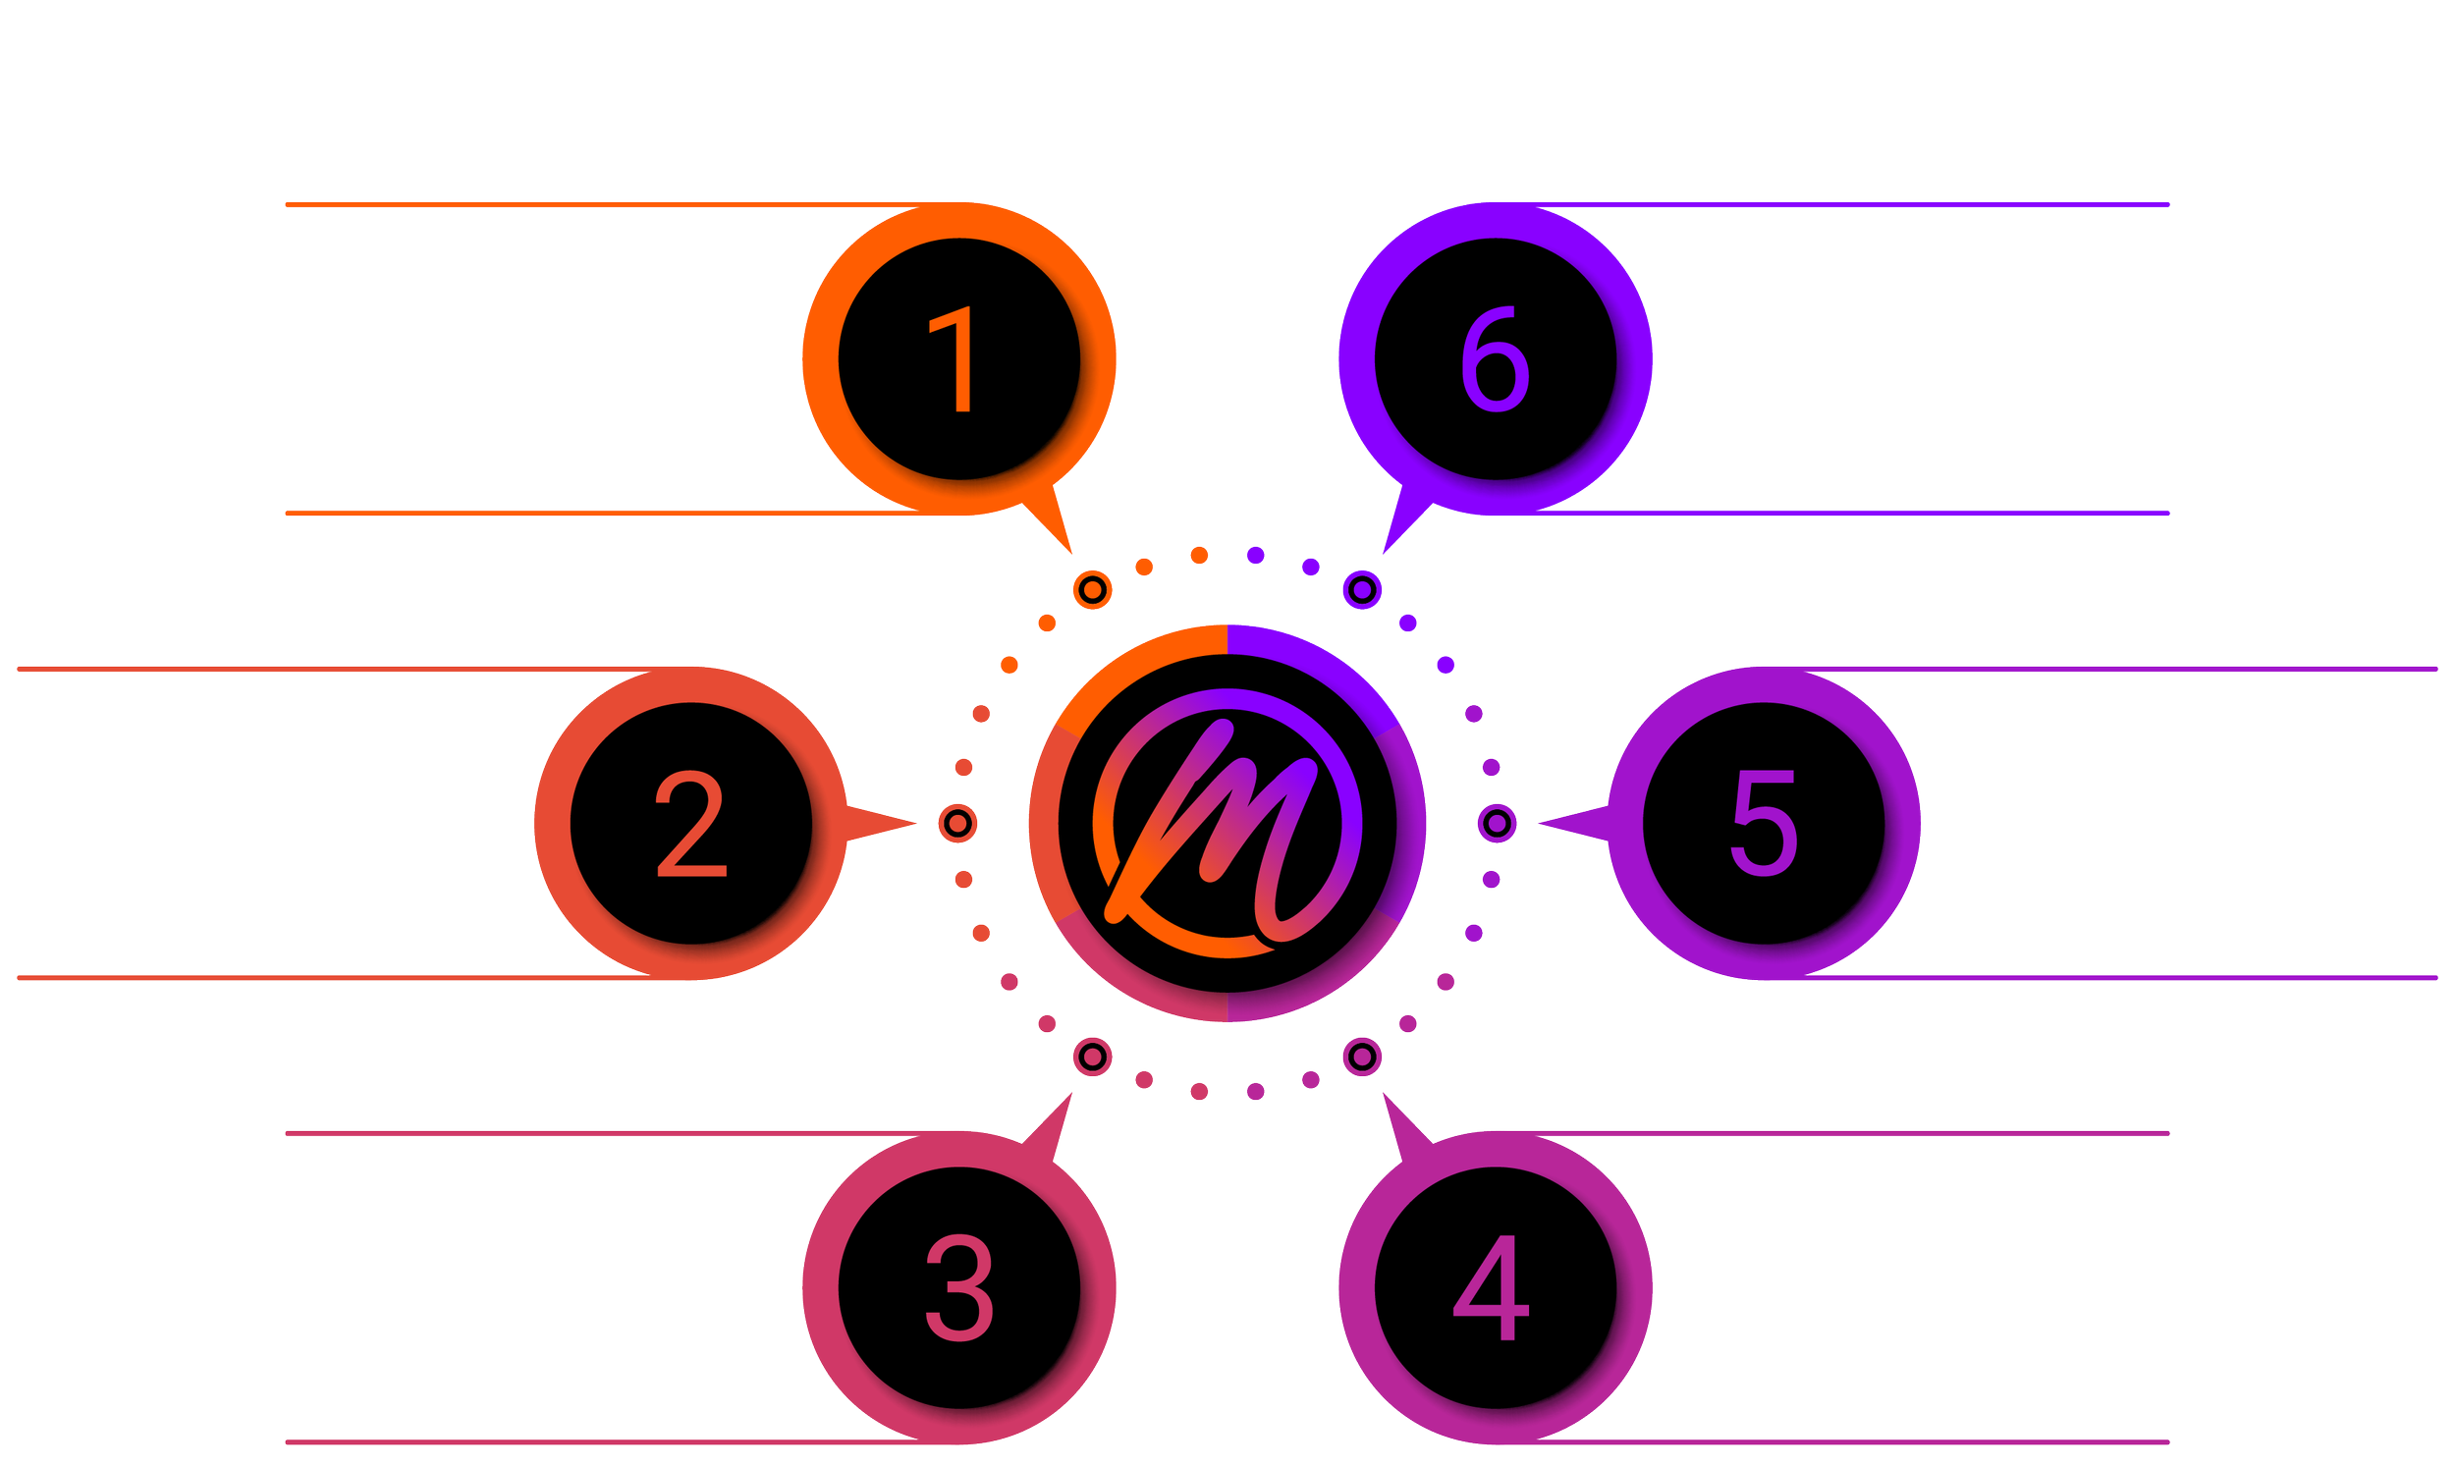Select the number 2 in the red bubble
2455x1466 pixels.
click(690, 824)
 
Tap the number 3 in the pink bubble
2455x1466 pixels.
click(958, 1288)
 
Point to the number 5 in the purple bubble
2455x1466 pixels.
click(1764, 824)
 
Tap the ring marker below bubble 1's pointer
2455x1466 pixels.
click(1092, 590)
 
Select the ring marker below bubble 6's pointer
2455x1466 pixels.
click(1362, 590)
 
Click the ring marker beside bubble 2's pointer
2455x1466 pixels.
click(957, 823)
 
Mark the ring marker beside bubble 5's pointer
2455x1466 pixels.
click(1497, 823)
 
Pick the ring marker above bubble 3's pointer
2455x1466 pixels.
click(1092, 1056)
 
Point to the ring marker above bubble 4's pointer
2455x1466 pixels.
click(1362, 1056)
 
